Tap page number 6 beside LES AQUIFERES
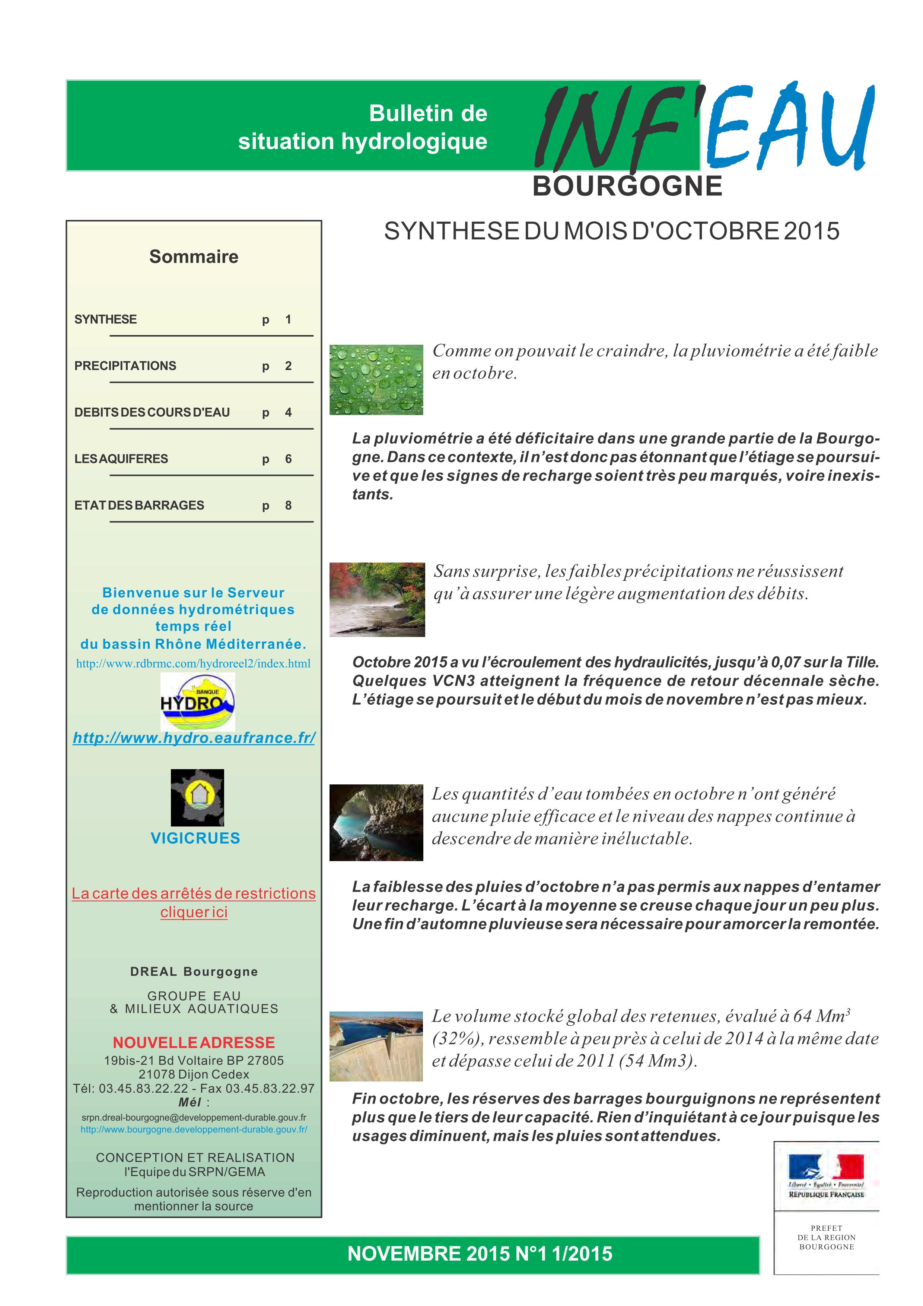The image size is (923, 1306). coord(288,459)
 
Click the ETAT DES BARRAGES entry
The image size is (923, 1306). coord(139,506)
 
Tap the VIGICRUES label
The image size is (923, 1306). coord(195,838)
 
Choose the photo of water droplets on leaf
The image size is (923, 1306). coord(376,379)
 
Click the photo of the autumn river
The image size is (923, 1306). coord(377,599)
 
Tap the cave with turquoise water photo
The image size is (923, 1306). coord(376,822)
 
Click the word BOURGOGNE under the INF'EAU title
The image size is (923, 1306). coord(627,187)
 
